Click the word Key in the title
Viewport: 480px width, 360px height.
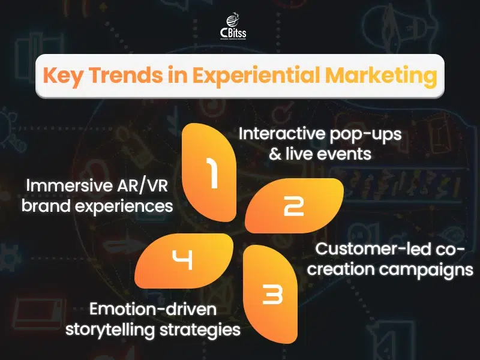(x=62, y=76)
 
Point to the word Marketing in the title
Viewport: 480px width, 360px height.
(x=380, y=76)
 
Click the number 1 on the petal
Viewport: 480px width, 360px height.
(x=211, y=173)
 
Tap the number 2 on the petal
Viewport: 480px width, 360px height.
(x=294, y=206)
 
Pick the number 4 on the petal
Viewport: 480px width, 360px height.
(x=182, y=260)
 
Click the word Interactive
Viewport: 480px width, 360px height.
(x=282, y=133)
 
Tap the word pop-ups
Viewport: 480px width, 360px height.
(x=366, y=135)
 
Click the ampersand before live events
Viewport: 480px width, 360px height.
(x=275, y=154)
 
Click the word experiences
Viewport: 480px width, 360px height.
(x=124, y=206)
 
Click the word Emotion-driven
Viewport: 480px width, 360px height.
(x=153, y=309)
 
